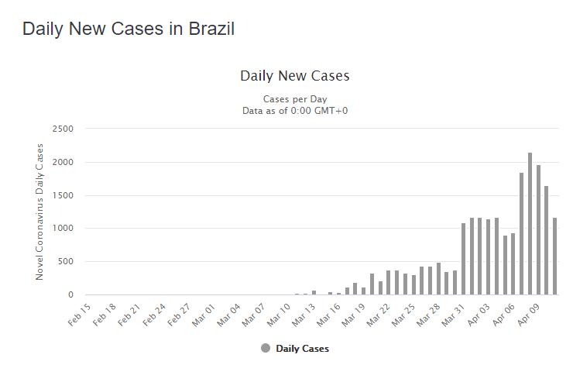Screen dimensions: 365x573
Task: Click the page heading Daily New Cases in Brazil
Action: coord(129,29)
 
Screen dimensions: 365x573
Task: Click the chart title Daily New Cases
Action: coord(295,76)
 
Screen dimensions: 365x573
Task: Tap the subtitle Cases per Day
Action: coord(295,99)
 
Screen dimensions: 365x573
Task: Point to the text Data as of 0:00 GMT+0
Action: coord(295,111)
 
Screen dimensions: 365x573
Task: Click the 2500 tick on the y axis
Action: coord(63,129)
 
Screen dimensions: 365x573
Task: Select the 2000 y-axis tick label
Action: coord(63,162)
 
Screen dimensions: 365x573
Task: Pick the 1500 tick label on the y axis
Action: coord(63,195)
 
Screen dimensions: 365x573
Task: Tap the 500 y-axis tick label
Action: coord(66,262)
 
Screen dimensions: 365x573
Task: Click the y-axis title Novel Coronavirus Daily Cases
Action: coord(39,211)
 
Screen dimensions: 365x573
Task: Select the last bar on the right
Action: coord(554,256)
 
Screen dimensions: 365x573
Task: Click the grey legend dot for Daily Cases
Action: coord(266,349)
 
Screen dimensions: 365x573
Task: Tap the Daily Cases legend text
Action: coord(302,349)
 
